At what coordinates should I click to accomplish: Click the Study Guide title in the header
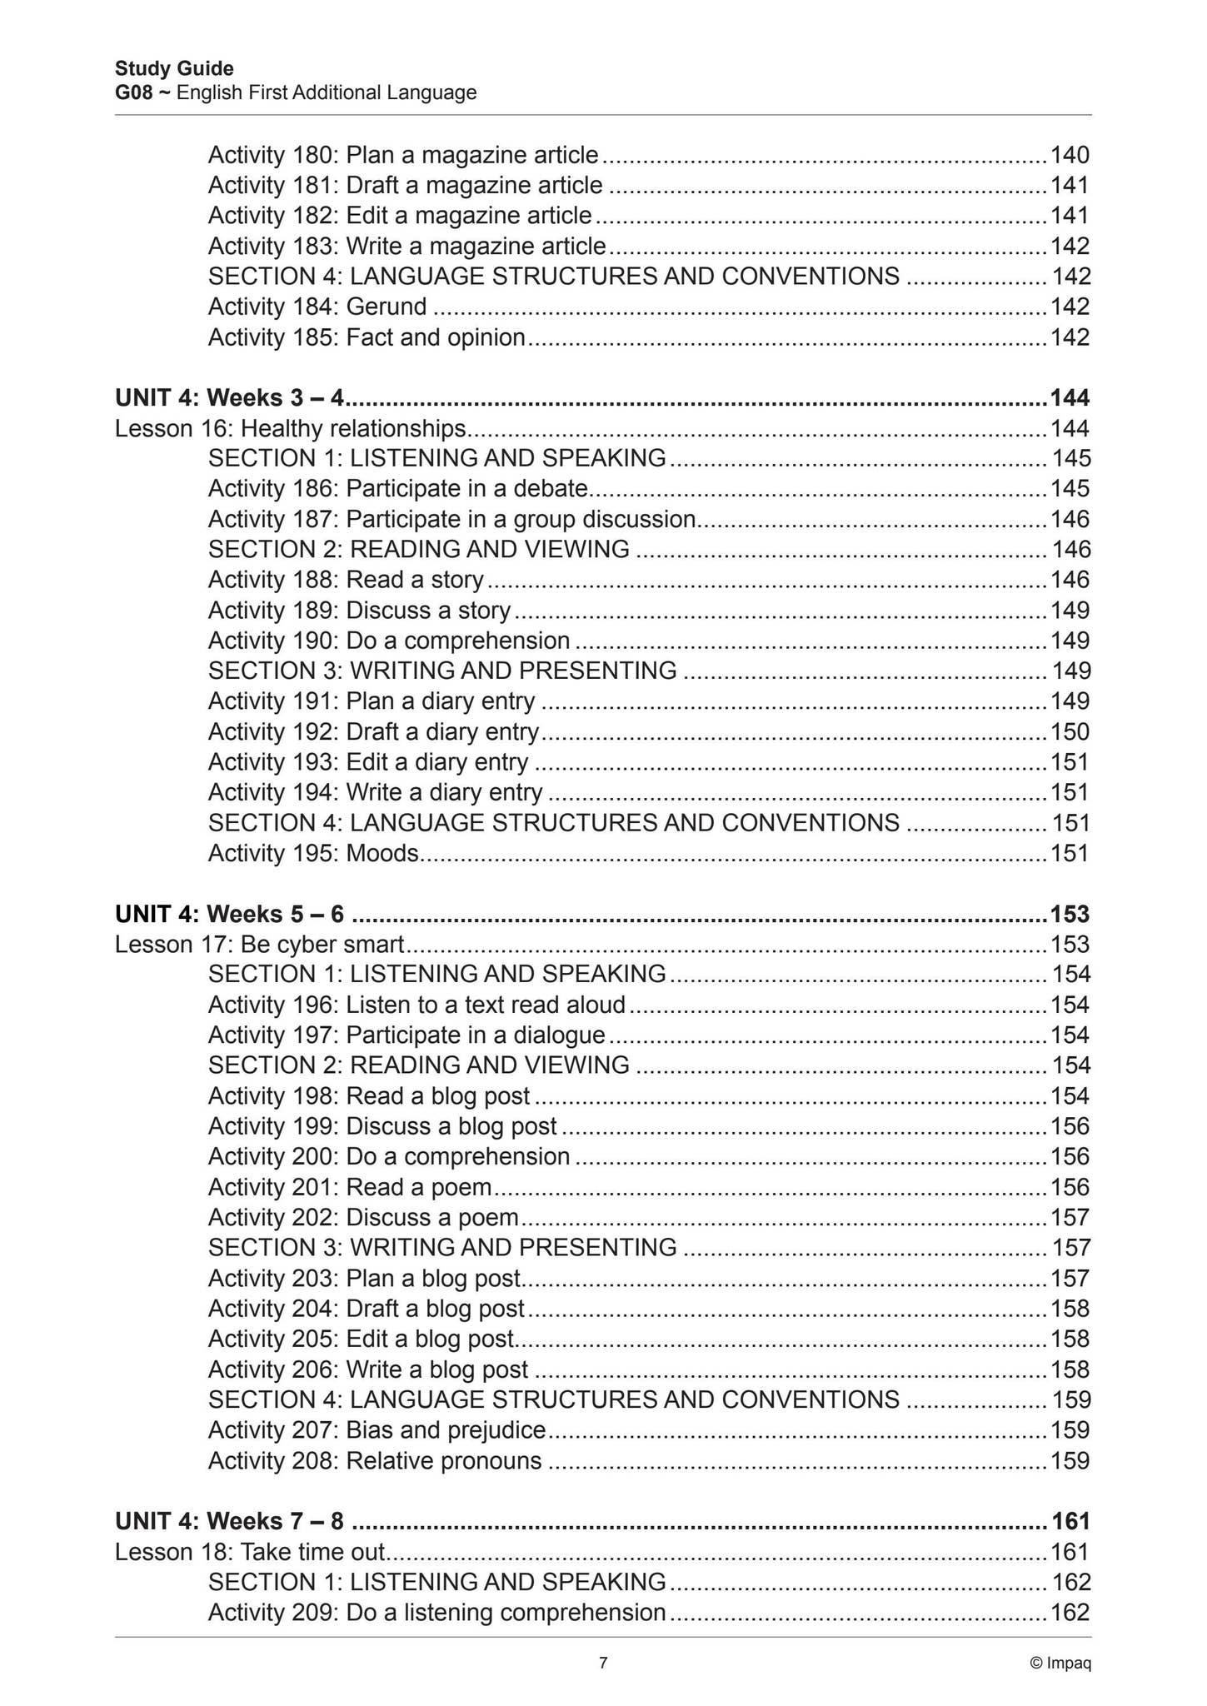coord(174,68)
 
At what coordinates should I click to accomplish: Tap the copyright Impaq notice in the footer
coord(1060,1664)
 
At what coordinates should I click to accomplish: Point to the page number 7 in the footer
coord(603,1664)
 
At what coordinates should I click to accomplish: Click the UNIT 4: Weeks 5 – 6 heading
coord(229,914)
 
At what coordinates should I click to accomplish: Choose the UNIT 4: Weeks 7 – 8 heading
coord(229,1521)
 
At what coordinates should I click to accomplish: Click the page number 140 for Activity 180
coord(1070,155)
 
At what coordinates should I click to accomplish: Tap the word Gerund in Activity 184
coord(387,307)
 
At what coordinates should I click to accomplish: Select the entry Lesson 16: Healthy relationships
coord(290,428)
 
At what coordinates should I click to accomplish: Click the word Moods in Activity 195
coord(382,853)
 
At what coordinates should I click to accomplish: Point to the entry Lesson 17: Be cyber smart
coord(259,944)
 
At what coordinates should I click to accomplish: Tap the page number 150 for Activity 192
coord(1070,731)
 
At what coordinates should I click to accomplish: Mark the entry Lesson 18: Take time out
coord(250,1551)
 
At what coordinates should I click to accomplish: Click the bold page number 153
coord(1070,914)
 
